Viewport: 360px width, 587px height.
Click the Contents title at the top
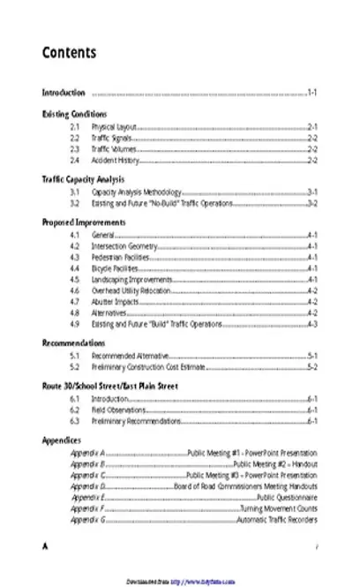[x=70, y=54]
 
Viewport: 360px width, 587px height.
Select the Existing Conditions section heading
[x=75, y=115]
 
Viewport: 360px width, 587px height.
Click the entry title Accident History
[x=116, y=161]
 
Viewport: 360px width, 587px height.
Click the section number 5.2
[x=76, y=366]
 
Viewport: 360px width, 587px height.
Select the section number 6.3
[x=76, y=421]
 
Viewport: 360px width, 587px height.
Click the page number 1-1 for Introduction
[x=312, y=93]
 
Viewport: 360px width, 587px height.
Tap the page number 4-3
[x=312, y=324]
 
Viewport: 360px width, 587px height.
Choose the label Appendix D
[x=88, y=486]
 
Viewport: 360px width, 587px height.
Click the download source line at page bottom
[x=180, y=583]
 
